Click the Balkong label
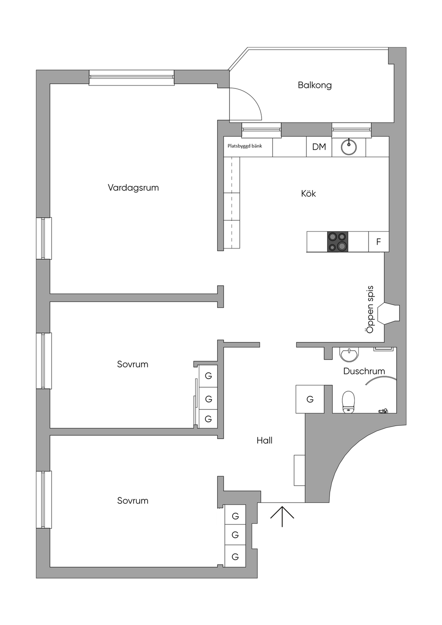[x=315, y=85]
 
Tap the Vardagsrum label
[x=133, y=188]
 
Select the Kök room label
[x=308, y=193]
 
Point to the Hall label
[x=265, y=440]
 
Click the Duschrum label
[x=364, y=371]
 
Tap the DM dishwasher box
[x=319, y=147]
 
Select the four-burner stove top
[x=338, y=242]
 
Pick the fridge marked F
[x=379, y=242]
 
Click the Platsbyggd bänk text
[x=245, y=146]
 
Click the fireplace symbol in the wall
[x=388, y=314]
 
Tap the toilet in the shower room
[x=348, y=401]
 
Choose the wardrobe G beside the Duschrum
[x=310, y=399]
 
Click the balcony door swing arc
[x=253, y=97]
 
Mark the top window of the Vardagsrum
[x=132, y=77]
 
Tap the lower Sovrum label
[x=133, y=500]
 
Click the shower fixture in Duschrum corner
[x=383, y=411]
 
